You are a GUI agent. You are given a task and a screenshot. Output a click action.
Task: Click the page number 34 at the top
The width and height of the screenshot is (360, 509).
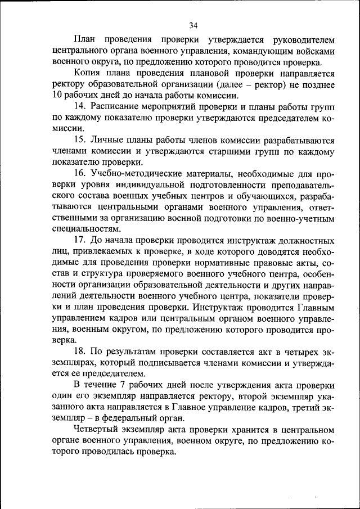click(193, 25)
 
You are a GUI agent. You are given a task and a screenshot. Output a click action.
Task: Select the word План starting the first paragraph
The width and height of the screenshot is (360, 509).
click(84, 40)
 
